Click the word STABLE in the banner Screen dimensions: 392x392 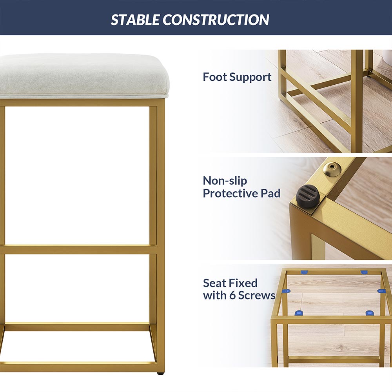135,20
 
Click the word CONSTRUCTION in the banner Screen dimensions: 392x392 216,20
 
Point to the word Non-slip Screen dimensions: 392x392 225,180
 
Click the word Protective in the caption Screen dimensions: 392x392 230,193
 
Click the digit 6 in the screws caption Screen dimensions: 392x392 232,295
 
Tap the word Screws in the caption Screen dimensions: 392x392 257,295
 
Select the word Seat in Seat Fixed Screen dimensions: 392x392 215,283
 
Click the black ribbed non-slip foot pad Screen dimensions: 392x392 307,196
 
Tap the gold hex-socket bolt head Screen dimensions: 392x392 332,170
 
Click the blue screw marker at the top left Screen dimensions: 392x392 304,272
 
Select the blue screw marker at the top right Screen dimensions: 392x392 364,272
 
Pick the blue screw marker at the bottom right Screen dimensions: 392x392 370,313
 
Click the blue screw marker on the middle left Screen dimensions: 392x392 286,291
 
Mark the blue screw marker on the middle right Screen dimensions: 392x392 381,291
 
